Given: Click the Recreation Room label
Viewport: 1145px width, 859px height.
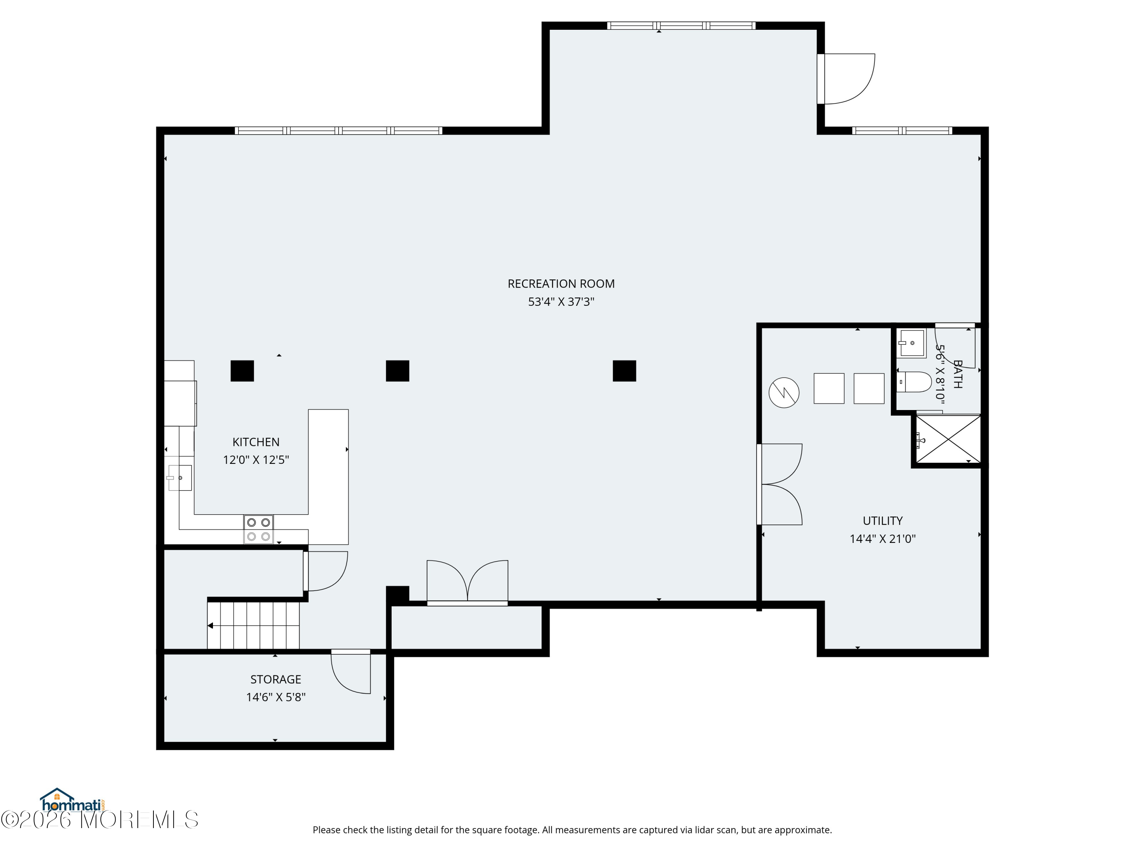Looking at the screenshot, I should (561, 284).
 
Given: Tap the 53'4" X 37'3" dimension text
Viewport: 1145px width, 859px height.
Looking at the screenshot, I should (561, 302).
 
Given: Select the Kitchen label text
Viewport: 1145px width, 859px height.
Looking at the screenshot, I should (256, 442).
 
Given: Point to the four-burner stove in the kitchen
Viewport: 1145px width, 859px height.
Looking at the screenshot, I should (258, 529).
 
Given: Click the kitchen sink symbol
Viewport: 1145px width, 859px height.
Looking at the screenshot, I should (180, 477).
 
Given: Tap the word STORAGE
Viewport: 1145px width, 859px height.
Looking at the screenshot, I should (276, 679).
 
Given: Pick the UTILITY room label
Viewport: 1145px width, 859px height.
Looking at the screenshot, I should (882, 521).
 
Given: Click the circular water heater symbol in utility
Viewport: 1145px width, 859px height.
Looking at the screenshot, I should (784, 392).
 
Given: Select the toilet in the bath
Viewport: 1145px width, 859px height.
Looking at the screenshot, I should (915, 382).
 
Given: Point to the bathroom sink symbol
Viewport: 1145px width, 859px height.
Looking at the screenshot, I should (911, 343).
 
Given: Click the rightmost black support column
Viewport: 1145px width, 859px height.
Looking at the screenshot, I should (624, 371).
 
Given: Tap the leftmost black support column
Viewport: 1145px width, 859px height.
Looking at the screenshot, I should (242, 371).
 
